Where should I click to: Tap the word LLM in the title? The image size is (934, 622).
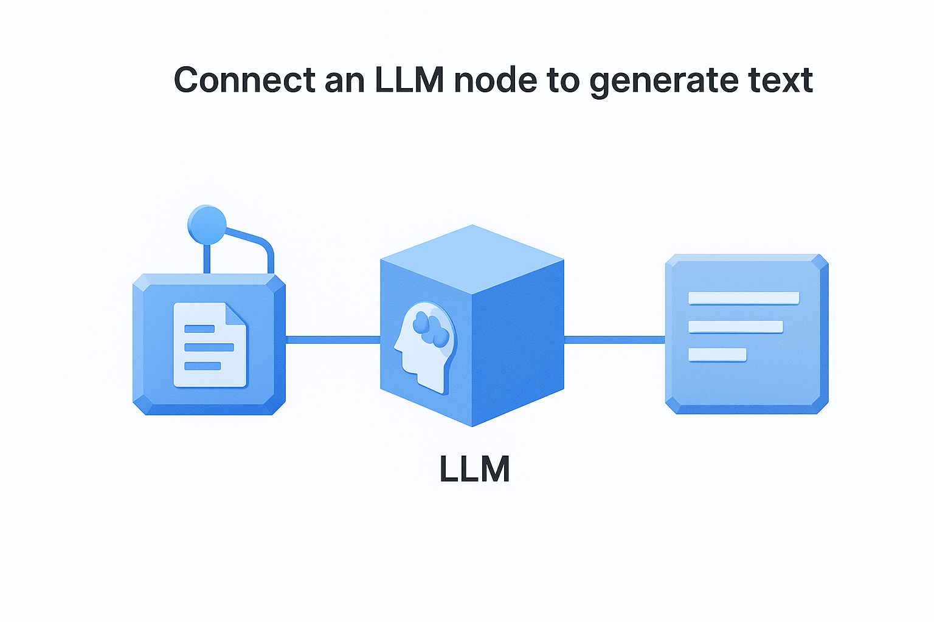coord(409,80)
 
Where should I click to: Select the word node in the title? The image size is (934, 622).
coord(496,80)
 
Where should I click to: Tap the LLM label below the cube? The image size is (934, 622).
coord(474,470)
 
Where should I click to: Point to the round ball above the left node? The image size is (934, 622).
coord(207,224)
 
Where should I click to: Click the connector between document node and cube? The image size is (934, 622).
coord(333,340)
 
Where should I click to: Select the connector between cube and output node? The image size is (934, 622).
coord(614,340)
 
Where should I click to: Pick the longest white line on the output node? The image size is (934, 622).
coord(743,298)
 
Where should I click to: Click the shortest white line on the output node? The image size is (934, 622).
coord(717,355)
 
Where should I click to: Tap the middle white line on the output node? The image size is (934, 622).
coord(735,327)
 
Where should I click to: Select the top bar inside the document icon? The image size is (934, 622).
coord(199,329)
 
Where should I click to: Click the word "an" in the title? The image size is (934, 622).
coord(344,81)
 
